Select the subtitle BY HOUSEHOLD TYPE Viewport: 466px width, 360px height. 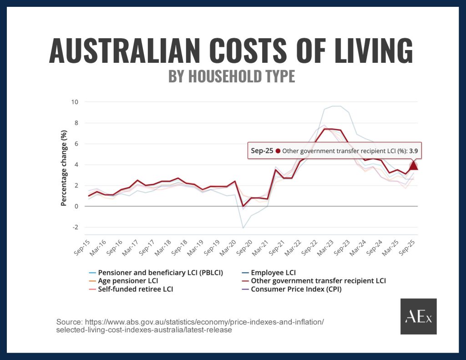click(x=232, y=76)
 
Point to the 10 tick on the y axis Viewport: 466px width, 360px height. click(x=75, y=101)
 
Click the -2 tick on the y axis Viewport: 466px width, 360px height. click(x=75, y=227)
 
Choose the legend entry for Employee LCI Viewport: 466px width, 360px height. click(x=273, y=273)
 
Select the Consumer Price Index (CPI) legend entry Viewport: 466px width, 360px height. click(x=296, y=289)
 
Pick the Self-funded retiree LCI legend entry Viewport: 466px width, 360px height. click(x=135, y=289)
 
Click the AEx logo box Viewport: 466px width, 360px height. click(x=418, y=316)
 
